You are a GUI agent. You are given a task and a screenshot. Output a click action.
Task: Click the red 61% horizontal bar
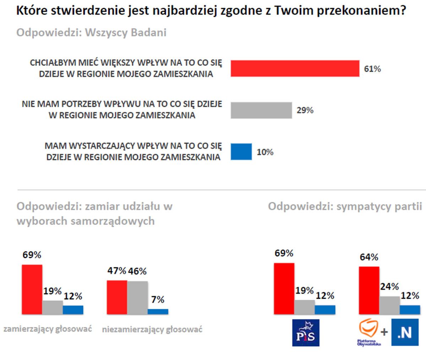[x=295, y=68]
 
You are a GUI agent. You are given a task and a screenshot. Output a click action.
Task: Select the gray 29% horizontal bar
[x=261, y=110]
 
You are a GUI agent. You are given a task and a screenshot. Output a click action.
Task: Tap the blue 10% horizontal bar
[x=241, y=152]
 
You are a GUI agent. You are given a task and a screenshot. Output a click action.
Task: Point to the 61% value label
[x=372, y=69]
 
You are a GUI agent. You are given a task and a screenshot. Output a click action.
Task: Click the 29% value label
[x=305, y=110]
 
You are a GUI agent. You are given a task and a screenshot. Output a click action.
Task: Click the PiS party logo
[x=305, y=333]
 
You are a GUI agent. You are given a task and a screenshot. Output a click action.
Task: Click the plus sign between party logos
[x=384, y=333]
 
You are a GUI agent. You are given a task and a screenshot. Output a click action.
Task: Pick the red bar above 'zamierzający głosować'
[x=32, y=289]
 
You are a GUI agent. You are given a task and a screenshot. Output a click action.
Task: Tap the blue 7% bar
[x=158, y=311]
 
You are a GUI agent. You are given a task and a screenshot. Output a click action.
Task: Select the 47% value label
[x=116, y=271]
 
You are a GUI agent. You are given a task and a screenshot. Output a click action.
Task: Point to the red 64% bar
[x=369, y=290]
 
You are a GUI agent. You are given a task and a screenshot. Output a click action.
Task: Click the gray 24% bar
[x=389, y=305]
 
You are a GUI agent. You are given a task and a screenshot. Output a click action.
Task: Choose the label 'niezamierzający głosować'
[x=152, y=329]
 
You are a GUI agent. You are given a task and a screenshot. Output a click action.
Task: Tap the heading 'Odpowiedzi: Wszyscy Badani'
[x=92, y=33]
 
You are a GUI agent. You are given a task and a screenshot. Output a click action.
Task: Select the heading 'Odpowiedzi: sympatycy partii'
[x=345, y=206]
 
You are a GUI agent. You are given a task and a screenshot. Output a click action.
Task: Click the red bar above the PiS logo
[x=284, y=289]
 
